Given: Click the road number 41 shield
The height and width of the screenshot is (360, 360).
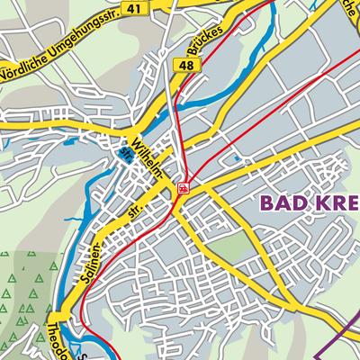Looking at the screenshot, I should pos(135,8).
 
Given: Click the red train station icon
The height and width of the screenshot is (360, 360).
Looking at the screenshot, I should pos(184,188).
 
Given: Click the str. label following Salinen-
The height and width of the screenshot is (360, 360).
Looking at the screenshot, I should pos(135,213).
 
